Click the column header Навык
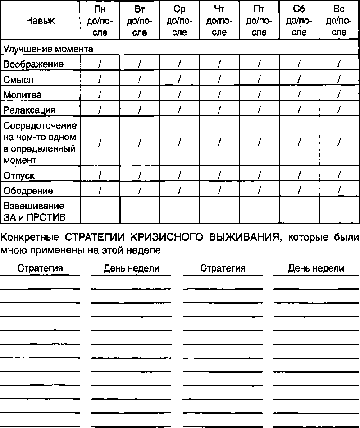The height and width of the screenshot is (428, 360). point(41,21)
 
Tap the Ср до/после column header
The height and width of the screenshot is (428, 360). point(179,21)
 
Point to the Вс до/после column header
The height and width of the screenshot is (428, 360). point(339,21)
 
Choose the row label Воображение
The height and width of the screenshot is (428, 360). point(34,64)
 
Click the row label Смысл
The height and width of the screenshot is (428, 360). point(19,80)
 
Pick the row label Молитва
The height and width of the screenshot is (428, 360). point(23,95)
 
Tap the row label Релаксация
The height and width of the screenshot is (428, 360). point(30,110)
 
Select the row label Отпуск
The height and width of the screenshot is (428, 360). point(19,175)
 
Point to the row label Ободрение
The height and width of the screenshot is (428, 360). point(28,190)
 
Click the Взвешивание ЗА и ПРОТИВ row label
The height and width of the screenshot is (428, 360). point(35,212)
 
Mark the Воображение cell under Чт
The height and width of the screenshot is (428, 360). point(219,64)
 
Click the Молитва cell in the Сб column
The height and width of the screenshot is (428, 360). point(299,95)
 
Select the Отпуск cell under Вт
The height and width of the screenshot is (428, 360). point(140,175)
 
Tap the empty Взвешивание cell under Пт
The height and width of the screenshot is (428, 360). point(259,211)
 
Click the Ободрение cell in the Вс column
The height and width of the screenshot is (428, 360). point(339,190)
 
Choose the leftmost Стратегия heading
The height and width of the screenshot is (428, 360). point(40,268)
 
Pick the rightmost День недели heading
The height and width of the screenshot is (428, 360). point(316,268)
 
